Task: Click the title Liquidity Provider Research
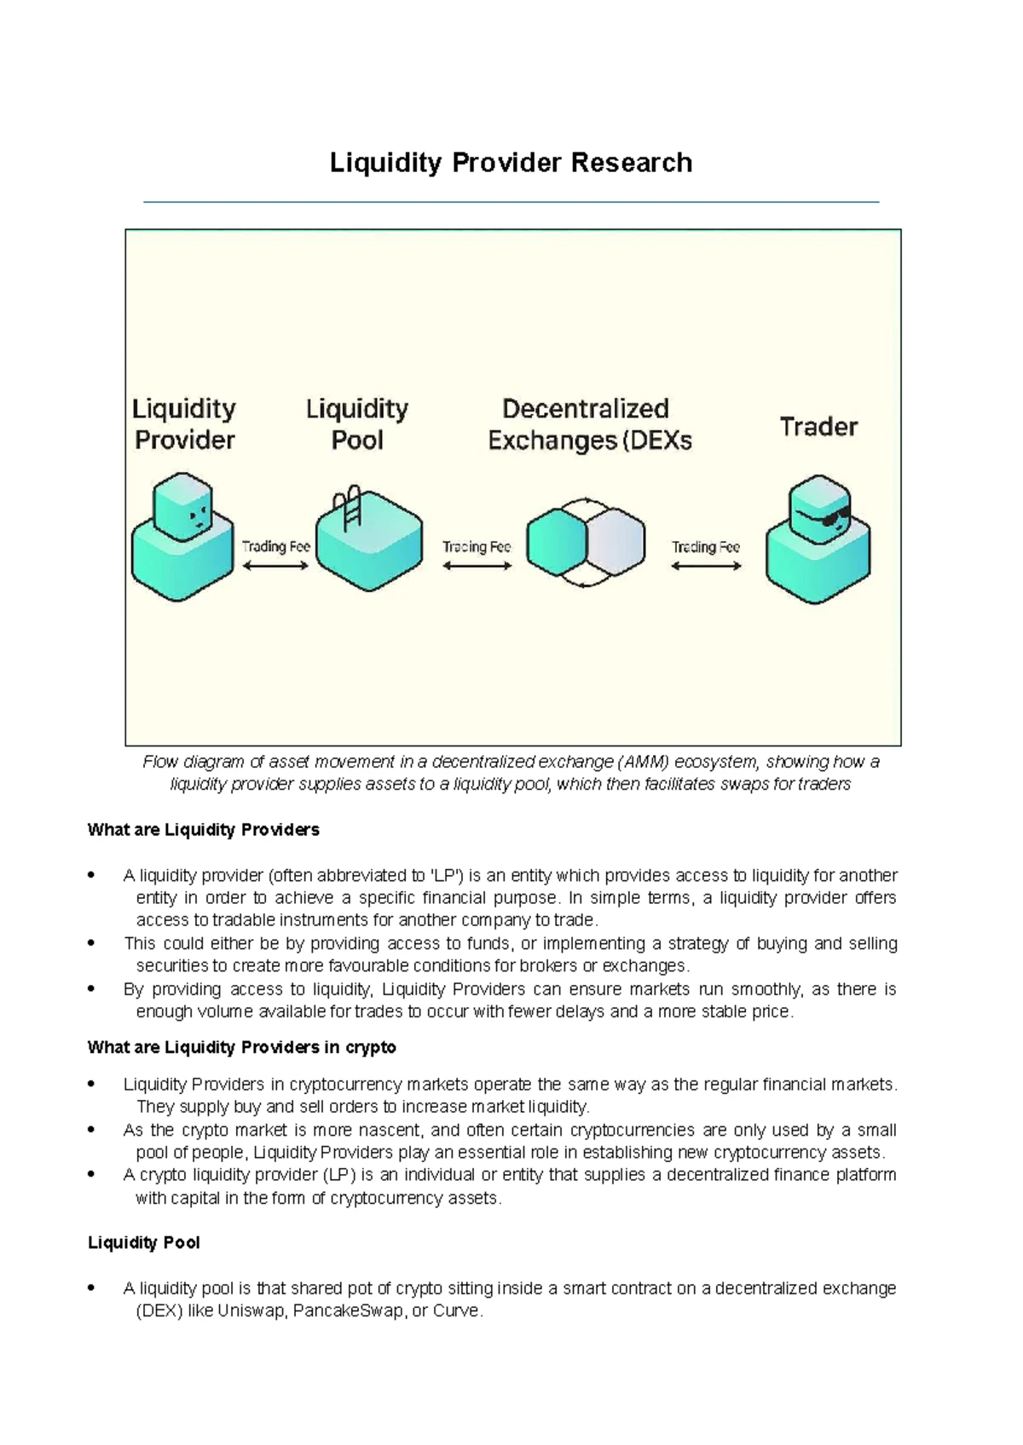click(511, 163)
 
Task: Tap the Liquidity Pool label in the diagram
click(357, 424)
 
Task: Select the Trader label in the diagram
click(818, 426)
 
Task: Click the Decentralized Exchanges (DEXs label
click(588, 424)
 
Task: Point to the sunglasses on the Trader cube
click(829, 518)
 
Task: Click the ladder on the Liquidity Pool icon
click(351, 506)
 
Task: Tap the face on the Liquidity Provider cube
click(198, 516)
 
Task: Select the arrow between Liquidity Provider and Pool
click(275, 566)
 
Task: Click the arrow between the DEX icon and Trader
click(706, 566)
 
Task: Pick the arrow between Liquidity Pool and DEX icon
click(477, 566)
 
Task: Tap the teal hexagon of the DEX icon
click(555, 542)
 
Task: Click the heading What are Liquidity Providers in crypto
click(241, 1047)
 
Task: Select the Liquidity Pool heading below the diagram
click(143, 1243)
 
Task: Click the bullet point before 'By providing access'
click(91, 990)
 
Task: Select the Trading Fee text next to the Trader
click(706, 547)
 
